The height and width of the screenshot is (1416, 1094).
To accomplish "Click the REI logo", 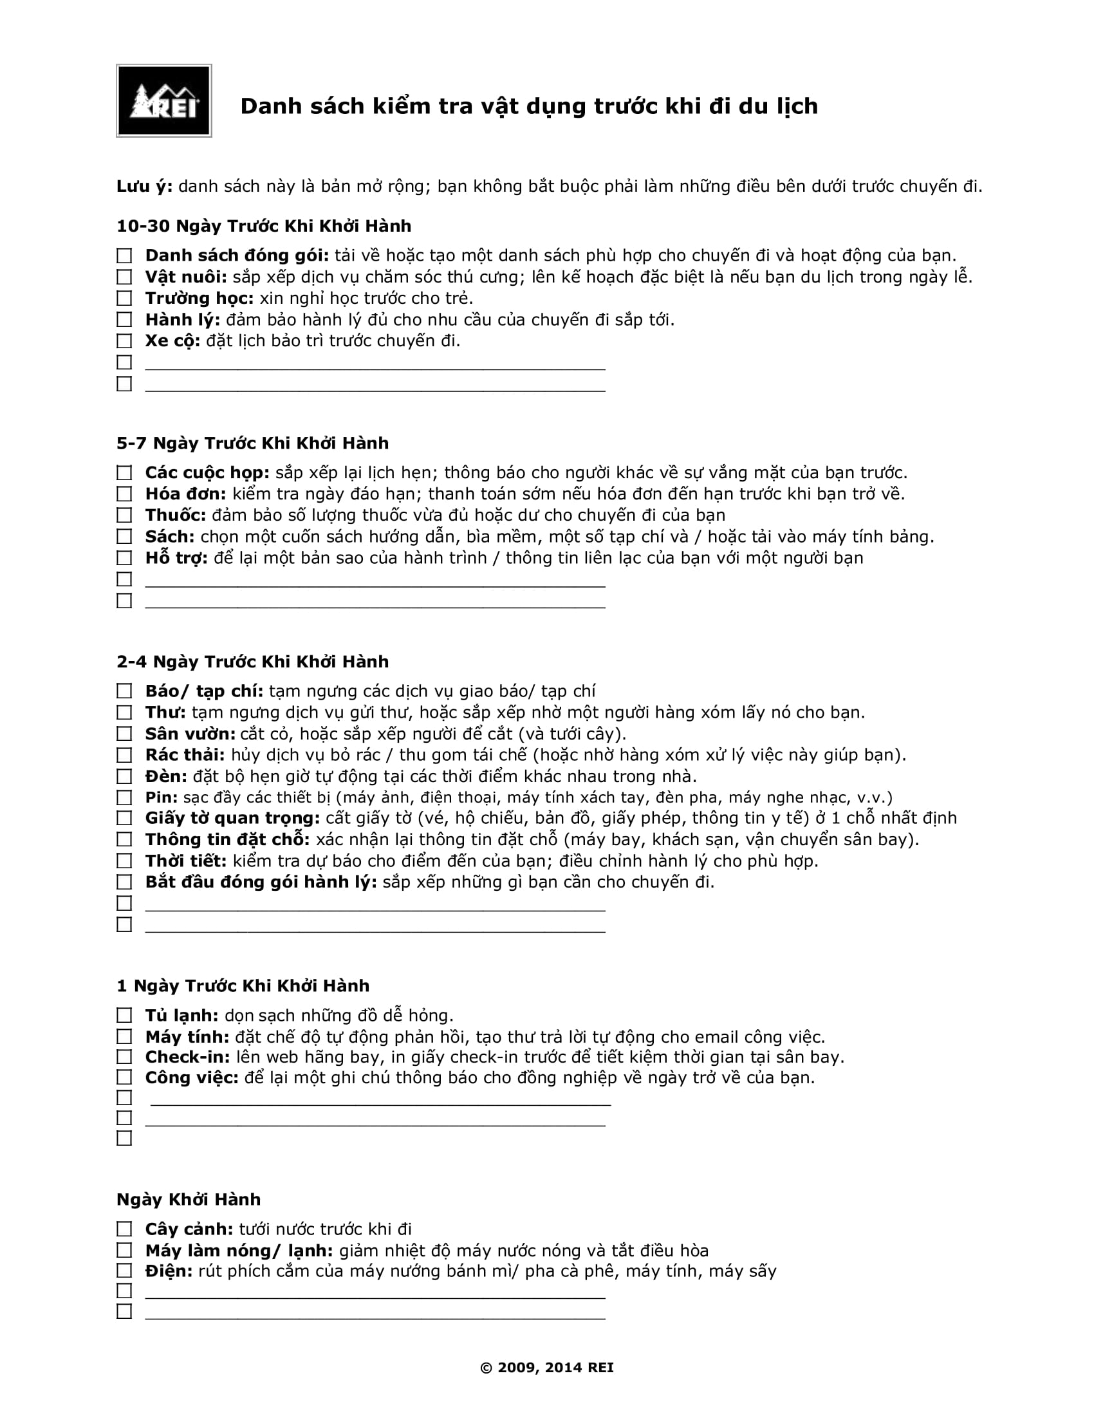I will tap(164, 100).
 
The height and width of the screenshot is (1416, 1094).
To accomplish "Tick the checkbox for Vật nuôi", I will tap(124, 277).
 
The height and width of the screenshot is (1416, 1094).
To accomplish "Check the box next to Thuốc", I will tap(124, 516).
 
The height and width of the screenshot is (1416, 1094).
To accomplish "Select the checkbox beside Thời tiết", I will tap(124, 861).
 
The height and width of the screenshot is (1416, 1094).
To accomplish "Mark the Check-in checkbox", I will tap(124, 1057).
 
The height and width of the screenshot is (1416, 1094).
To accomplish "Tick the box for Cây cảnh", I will tap(124, 1229).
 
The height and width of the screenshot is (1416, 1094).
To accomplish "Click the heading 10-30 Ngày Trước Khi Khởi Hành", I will tap(264, 227).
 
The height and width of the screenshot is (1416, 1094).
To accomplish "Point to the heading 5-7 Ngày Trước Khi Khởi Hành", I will tap(253, 443).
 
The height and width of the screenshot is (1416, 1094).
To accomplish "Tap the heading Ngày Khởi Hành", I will tap(189, 1200).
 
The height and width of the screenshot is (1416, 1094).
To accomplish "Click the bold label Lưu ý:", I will tap(145, 187).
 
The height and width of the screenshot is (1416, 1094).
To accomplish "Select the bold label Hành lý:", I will tap(183, 320).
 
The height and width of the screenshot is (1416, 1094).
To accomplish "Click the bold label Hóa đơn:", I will tap(185, 494).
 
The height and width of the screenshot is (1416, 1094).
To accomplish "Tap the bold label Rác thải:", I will tap(185, 756).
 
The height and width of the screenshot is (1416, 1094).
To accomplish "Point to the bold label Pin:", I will tap(162, 797).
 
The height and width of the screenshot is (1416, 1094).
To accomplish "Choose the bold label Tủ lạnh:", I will tap(181, 1015).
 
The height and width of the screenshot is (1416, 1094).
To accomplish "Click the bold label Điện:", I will tap(169, 1271).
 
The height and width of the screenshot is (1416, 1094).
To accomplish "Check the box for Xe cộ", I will tap(124, 341).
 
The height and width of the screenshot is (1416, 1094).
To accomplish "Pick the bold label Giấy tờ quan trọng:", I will tap(233, 818).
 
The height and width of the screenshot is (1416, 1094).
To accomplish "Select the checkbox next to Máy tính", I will tap(124, 1037).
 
